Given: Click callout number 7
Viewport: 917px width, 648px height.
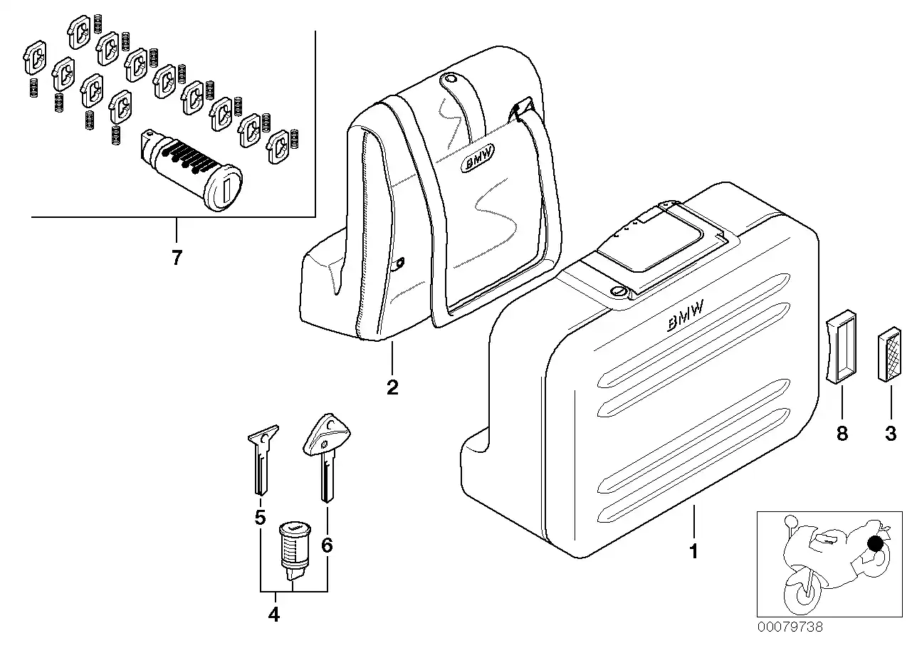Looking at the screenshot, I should (177, 258).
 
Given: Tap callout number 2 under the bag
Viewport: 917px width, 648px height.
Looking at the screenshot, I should (392, 387).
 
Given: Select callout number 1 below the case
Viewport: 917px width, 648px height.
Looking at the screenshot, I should (693, 550).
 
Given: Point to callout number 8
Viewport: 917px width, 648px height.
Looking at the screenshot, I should (842, 433).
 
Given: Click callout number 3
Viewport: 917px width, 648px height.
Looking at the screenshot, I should (891, 433).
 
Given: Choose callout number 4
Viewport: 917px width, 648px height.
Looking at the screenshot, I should (274, 614).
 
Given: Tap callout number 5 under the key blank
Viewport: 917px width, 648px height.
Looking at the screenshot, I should (260, 516).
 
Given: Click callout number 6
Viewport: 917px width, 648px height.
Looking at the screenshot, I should (327, 545).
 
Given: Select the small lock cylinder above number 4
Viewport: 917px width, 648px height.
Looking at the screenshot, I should (293, 547).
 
